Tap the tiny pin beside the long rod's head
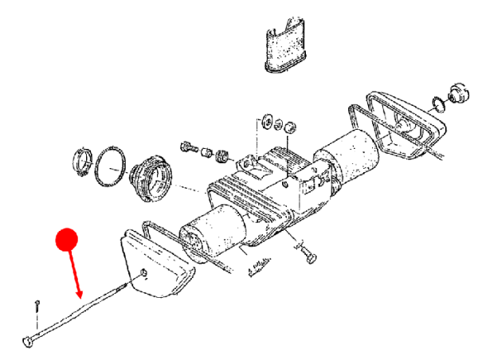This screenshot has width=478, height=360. point(37,307)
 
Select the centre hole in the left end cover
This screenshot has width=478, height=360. point(143,274)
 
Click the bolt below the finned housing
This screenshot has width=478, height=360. point(309,256)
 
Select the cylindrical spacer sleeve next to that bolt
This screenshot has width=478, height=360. point(208,151)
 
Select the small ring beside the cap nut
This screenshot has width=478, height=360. point(437,103)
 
